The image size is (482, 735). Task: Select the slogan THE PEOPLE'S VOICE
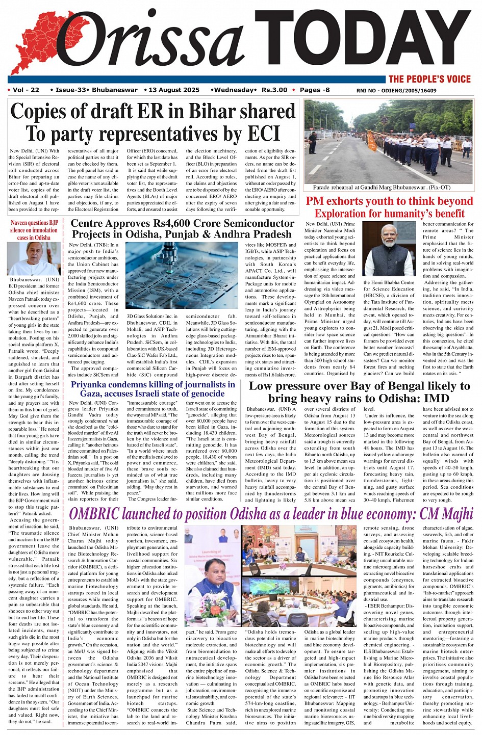(x=429, y=79)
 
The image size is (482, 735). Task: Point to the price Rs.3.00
(x=274, y=90)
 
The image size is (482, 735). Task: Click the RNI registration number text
(x=396, y=91)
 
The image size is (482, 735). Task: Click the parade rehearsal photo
(x=388, y=141)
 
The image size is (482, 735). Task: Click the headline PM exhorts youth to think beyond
(x=389, y=201)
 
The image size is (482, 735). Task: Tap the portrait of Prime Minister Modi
(x=389, y=249)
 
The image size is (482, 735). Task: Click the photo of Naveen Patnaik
(x=34, y=258)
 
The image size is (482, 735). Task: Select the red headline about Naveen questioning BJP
(x=34, y=230)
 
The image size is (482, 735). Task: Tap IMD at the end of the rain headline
(x=436, y=399)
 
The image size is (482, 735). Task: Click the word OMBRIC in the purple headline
(x=100, y=514)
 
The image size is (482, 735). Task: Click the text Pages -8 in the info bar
(x=315, y=90)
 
